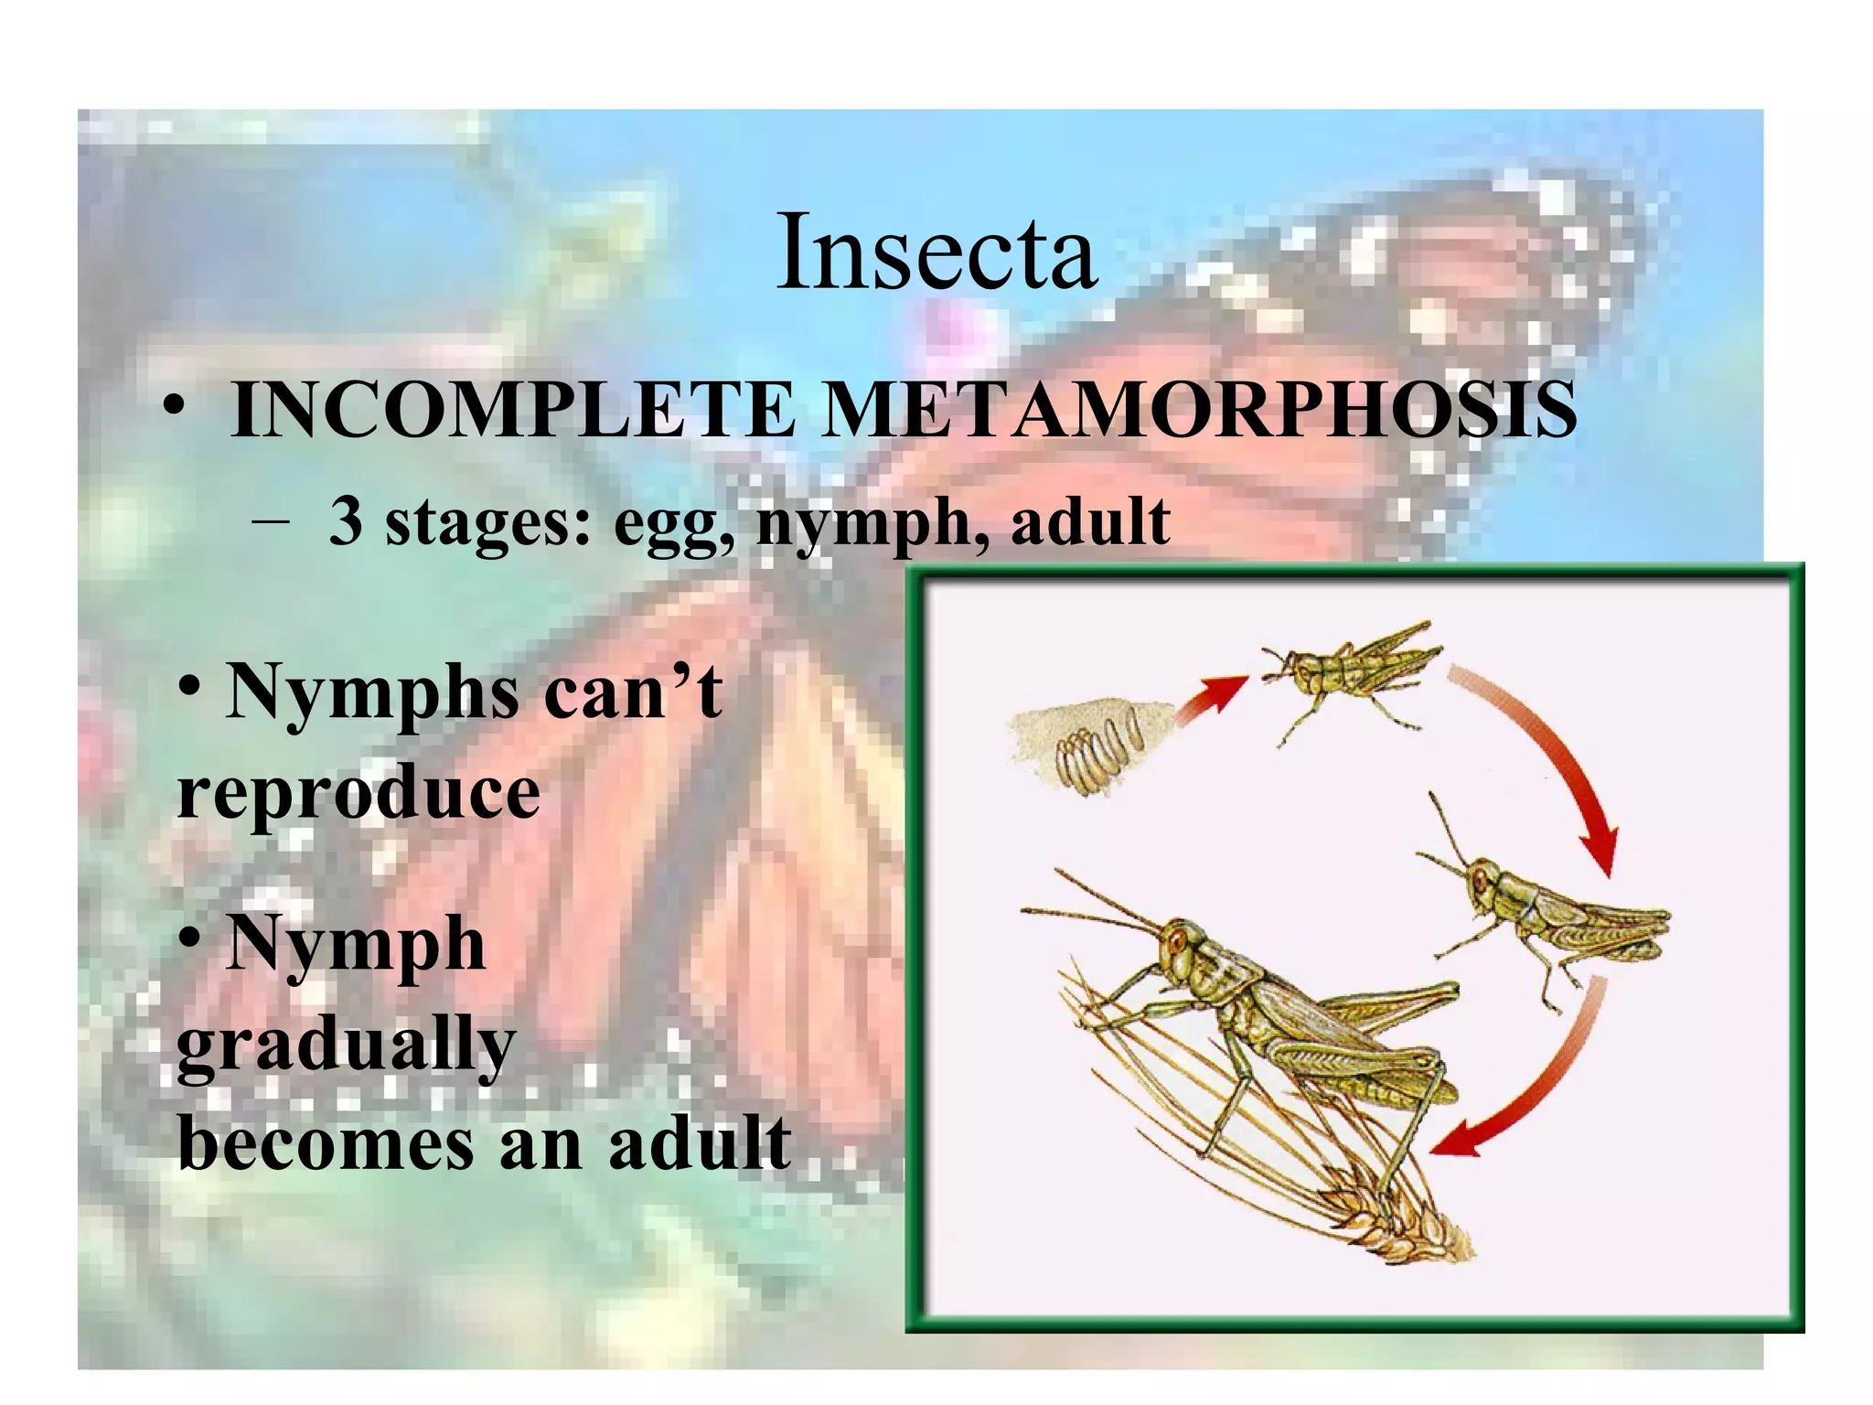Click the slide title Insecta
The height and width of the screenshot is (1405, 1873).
point(936,252)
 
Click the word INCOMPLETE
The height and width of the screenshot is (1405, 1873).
point(512,411)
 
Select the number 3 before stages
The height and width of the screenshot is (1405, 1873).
point(345,521)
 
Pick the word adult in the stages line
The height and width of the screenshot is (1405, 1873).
point(1090,521)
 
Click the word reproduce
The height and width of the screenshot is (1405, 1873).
point(359,792)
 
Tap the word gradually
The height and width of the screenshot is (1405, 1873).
point(347,1046)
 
